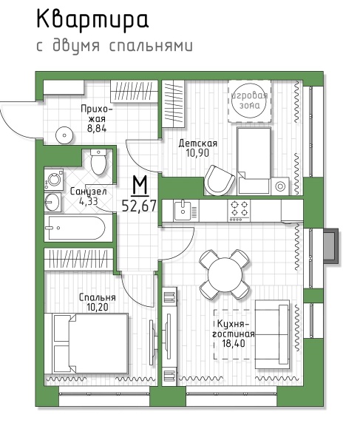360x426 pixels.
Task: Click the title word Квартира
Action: [x=92, y=19]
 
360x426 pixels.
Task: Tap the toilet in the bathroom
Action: [x=98, y=162]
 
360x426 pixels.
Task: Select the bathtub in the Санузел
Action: [x=78, y=228]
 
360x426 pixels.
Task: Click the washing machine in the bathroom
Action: [x=54, y=180]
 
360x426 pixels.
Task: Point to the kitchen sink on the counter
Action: [x=183, y=210]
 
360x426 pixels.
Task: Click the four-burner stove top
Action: [x=239, y=211]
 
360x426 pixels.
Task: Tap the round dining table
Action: [x=225, y=274]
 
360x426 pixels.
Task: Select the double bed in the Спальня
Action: [x=86, y=343]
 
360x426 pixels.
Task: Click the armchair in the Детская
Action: [x=219, y=180]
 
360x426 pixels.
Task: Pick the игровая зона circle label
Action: [x=250, y=101]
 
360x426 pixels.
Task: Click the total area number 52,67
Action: [x=139, y=206]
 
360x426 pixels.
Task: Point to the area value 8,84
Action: [x=97, y=128]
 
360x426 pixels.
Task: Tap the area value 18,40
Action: [x=234, y=343]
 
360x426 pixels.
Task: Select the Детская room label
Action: [x=197, y=143]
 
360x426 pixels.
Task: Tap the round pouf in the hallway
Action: [x=64, y=135]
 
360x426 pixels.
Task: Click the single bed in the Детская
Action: [x=254, y=160]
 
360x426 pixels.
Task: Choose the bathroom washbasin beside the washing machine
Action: [x=52, y=202]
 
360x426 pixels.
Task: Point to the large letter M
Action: [x=140, y=186]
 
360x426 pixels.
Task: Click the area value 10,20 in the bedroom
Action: [x=98, y=307]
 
